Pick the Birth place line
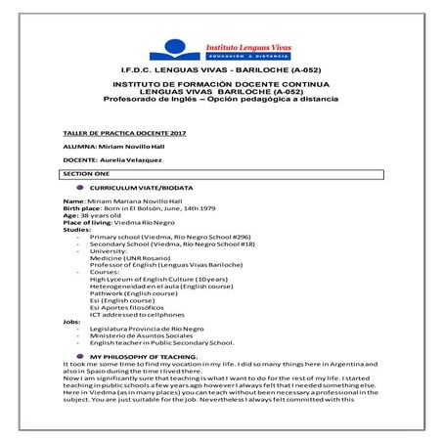[x=132, y=208]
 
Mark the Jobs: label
[x=71, y=321]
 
